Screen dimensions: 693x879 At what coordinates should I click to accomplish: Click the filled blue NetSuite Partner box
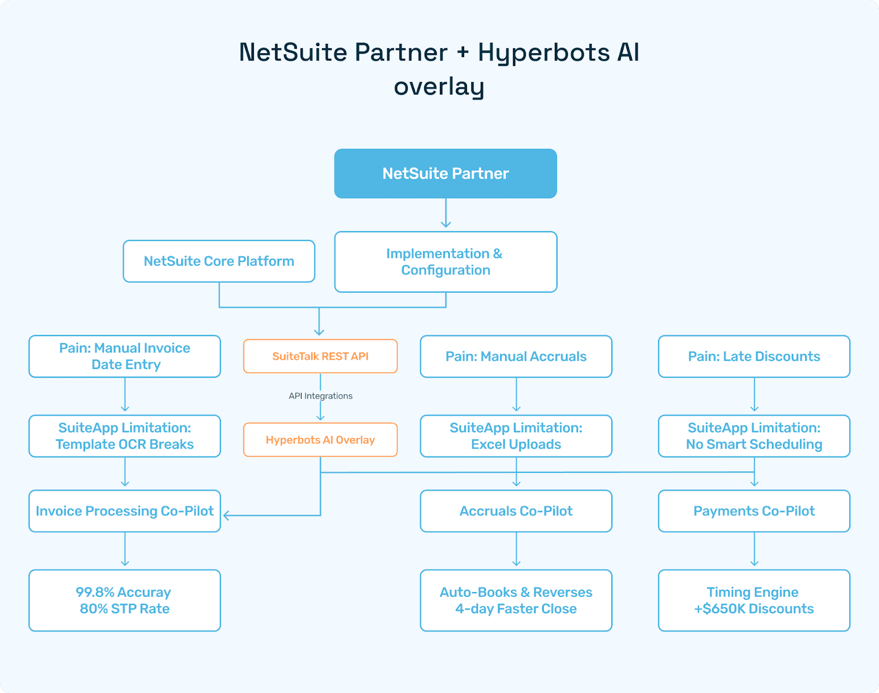pos(446,174)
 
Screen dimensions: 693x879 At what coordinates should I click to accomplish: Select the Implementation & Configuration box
pos(446,262)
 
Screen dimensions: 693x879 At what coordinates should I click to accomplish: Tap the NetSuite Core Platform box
pos(219,261)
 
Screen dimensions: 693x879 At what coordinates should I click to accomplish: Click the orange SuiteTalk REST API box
pos(320,356)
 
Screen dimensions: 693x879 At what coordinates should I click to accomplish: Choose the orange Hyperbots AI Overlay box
pos(320,440)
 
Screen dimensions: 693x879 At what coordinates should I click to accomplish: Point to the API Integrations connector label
pos(320,396)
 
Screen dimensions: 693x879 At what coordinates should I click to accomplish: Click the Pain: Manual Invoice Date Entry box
pos(125,356)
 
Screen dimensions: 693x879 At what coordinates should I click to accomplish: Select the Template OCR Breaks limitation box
pos(125,436)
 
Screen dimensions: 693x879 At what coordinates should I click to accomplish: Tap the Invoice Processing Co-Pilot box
pos(125,511)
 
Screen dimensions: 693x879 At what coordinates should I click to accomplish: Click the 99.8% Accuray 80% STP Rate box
pos(125,600)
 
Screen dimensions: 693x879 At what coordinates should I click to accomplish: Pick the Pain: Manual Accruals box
pos(516,356)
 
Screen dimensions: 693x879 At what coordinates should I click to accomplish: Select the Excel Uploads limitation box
pos(516,436)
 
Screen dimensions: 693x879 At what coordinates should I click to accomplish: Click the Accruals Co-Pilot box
pos(516,511)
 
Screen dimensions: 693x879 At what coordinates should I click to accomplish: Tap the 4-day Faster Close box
pos(516,600)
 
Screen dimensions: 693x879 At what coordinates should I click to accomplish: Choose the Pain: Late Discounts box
pos(754,356)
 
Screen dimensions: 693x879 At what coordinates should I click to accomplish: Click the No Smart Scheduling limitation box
pos(754,436)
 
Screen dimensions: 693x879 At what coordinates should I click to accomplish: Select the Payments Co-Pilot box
pos(754,511)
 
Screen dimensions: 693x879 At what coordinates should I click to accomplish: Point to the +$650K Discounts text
pos(754,609)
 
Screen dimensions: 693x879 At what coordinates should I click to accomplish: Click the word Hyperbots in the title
pos(544,53)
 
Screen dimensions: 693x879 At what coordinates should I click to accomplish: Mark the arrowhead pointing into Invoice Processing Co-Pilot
pos(226,516)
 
